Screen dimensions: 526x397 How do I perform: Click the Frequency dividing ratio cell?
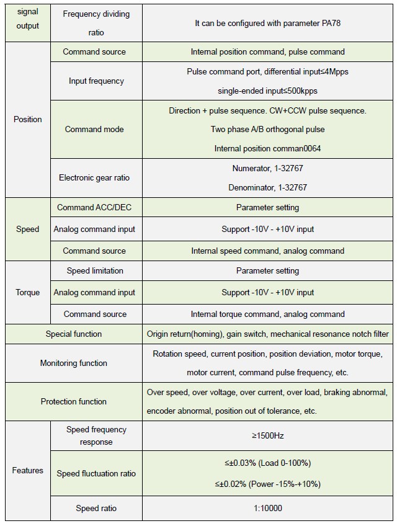point(96,23)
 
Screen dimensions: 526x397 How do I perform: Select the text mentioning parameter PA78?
point(267,23)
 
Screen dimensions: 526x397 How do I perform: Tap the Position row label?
point(27,119)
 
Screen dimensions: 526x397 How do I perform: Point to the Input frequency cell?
point(96,81)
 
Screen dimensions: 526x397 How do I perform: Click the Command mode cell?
point(94,129)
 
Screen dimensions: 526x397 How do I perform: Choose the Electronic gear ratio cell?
point(94,177)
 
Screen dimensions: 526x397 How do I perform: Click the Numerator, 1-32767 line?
point(267,168)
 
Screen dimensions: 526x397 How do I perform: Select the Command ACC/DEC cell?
point(94,207)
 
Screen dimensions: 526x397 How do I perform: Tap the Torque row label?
point(27,292)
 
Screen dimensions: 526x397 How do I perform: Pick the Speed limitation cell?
point(95,270)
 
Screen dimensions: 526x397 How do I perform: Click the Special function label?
point(73,334)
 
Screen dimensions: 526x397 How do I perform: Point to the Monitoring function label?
point(73,363)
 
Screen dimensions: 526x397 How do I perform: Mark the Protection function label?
point(73,401)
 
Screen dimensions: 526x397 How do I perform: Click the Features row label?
point(27,470)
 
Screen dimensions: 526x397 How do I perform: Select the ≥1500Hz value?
point(267,435)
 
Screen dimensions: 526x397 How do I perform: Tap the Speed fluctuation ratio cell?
point(96,473)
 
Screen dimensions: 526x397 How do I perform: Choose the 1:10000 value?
point(267,508)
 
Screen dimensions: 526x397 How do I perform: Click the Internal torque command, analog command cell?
point(267,314)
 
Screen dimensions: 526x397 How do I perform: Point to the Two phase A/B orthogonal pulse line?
point(267,129)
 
